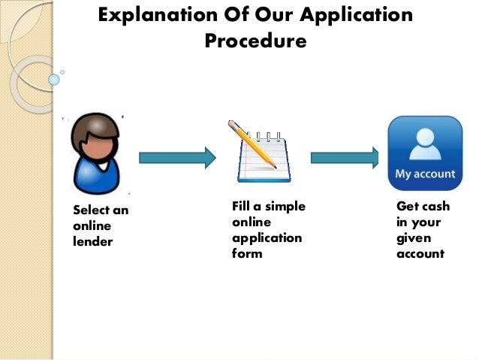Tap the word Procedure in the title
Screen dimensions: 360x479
pos(255,41)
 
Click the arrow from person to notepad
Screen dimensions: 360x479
pos(177,157)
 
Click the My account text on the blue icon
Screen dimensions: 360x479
pos(425,174)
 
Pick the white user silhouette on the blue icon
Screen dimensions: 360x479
pos(425,142)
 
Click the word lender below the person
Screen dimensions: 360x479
pos(93,241)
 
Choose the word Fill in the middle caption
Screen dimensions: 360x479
pos(242,206)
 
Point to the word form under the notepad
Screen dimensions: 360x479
pos(247,253)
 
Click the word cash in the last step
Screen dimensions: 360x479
pos(435,206)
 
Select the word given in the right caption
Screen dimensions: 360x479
pos(411,237)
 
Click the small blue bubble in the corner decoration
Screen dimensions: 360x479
pos(53,79)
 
